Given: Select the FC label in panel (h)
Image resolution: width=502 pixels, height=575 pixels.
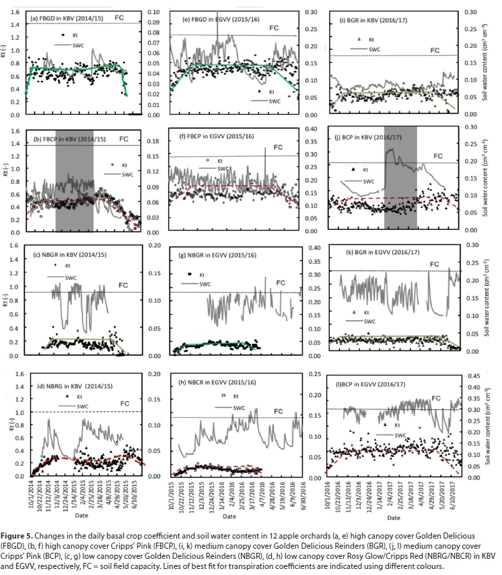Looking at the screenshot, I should click(x=278, y=411).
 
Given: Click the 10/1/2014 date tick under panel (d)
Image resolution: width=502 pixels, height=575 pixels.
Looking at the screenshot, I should click(x=33, y=495).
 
